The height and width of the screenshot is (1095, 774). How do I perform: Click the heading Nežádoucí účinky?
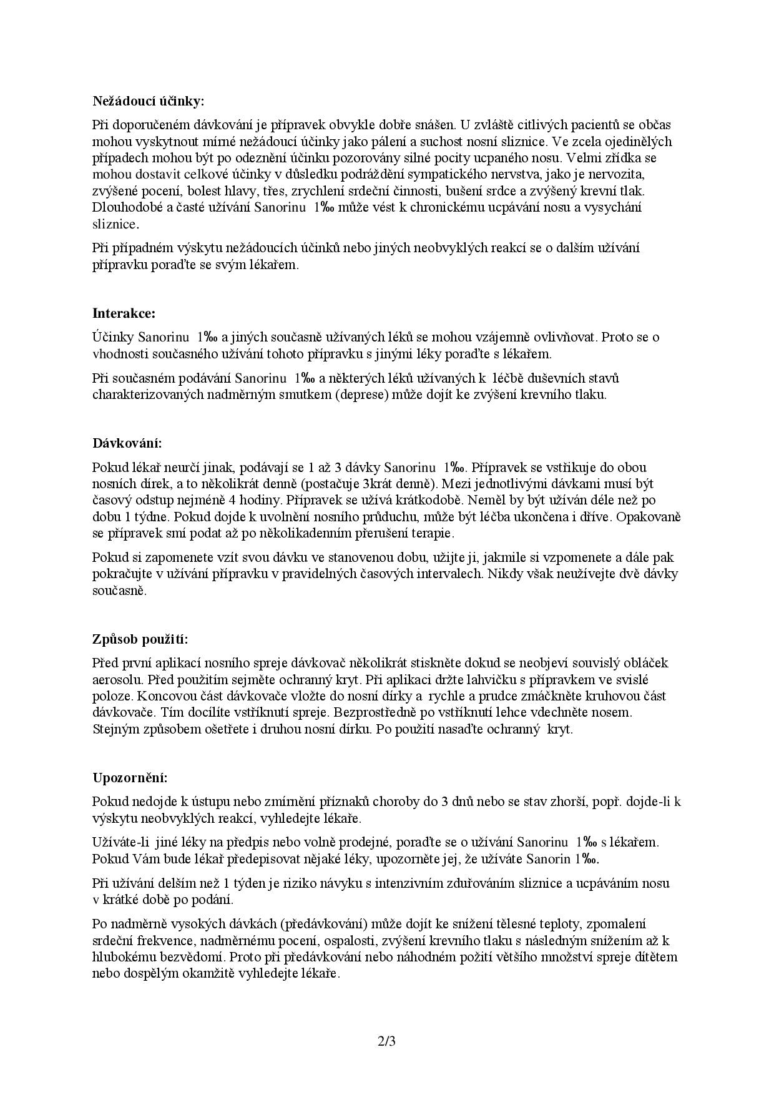149,101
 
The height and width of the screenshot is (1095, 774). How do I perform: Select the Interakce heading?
124,313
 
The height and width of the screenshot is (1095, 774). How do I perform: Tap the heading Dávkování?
127,443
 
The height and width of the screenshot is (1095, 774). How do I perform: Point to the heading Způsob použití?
140,639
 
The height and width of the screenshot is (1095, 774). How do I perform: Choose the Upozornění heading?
130,778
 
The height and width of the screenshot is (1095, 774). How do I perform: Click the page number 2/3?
387,1041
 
